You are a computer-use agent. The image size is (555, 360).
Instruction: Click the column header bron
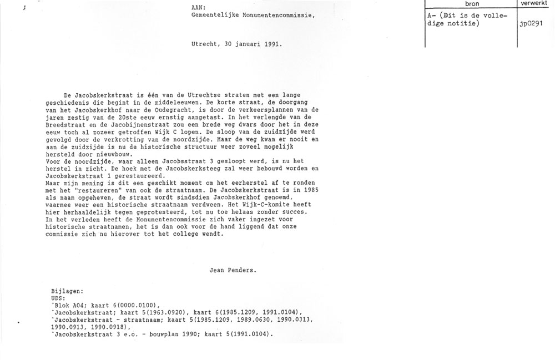pos(472,4)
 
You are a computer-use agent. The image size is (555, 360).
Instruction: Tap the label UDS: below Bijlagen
pos(57,298)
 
